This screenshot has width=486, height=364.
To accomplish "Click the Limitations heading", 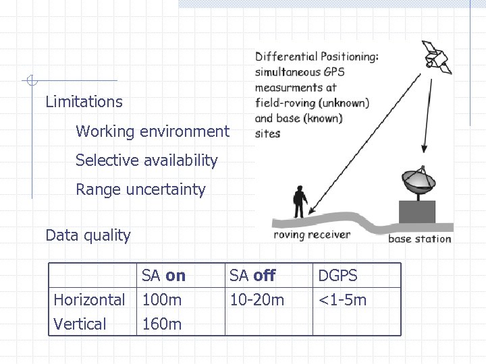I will (84, 102).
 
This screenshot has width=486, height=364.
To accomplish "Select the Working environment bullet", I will (153, 131).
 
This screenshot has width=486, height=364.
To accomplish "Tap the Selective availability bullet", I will (146, 160).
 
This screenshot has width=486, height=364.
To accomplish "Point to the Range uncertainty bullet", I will (140, 189).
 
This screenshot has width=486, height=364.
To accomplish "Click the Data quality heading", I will (88, 235).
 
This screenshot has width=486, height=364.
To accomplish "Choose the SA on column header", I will (163, 276).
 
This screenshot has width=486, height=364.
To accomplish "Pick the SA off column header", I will (252, 276).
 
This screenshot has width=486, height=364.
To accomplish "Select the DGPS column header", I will (337, 276).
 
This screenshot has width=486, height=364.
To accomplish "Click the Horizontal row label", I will (89, 300).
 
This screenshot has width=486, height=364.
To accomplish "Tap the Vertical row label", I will (80, 324).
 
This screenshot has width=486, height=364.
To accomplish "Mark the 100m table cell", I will (161, 300).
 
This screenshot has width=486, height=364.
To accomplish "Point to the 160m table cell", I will (161, 324).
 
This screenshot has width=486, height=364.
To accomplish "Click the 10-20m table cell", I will (256, 300).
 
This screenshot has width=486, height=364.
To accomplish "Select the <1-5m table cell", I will (342, 300).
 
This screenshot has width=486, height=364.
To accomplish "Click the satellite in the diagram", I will (436, 56).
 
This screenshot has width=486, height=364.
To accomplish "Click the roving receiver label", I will (312, 235).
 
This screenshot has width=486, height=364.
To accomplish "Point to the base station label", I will (419, 239).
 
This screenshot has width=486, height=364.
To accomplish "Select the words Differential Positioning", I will (317, 57).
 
